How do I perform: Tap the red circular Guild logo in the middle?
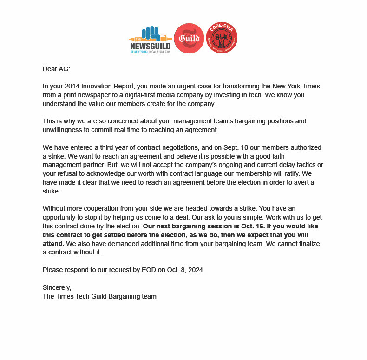[x=189, y=38]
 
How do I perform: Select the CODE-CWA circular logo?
[x=222, y=38]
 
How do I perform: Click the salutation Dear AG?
[x=56, y=69]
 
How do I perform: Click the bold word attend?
[x=53, y=243]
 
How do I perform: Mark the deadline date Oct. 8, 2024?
[x=184, y=270]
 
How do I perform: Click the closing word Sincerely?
[x=57, y=287]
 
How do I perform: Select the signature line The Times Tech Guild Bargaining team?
[x=99, y=296]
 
